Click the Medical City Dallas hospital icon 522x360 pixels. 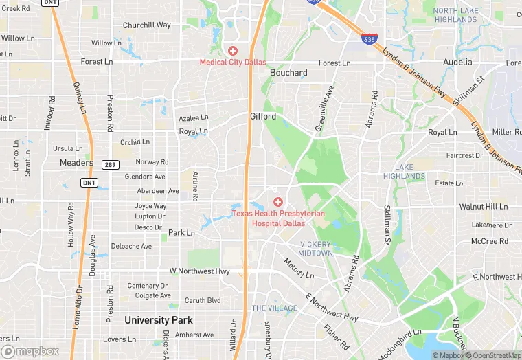pos(232,50)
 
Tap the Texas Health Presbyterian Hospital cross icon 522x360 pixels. pos(278,201)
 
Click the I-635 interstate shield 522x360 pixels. pos(370,39)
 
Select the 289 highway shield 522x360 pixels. pos(109,164)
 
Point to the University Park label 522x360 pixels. pos(158,320)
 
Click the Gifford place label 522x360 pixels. pos(262,117)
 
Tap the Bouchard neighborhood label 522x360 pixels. pos(288,73)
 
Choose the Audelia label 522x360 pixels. pos(457,62)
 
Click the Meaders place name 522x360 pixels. pos(76,163)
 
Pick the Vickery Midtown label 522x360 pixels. pos(316,249)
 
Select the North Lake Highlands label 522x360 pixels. pos(455,15)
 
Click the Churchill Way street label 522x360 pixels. pos(146,25)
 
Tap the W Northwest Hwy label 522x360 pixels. pos(199,271)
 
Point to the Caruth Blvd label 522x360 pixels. pos(203,300)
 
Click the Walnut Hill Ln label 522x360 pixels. pos(483,206)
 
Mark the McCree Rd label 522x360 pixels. pos(489,241)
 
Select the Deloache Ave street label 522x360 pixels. pos(131,246)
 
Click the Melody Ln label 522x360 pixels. pos(299,270)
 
